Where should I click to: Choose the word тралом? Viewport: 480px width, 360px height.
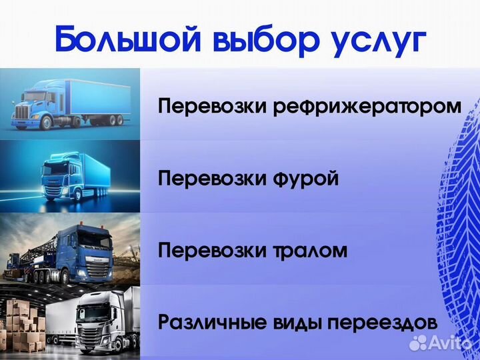tap(308, 251)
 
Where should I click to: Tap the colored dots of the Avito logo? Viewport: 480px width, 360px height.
tap(418, 343)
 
